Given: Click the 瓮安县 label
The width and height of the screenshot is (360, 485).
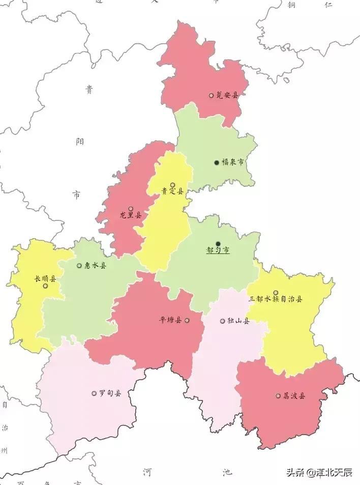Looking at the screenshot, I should (227, 95).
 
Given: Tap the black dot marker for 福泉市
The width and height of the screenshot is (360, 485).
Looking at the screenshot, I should (217, 162).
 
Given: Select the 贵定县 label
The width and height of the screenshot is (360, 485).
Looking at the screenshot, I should (172, 192).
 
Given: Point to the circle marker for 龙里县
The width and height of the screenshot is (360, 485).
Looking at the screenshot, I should (131, 209).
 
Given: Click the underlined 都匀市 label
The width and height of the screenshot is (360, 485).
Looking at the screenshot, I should (218, 251).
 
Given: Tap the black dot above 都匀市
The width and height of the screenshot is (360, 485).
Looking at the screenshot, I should (218, 244).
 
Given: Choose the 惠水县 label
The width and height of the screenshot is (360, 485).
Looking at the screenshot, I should (95, 266).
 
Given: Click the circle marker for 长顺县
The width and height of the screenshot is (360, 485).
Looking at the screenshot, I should (45, 286).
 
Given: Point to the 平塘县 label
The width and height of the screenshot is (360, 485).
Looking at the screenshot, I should (171, 321).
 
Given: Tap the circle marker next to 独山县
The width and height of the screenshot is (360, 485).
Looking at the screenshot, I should (222, 321).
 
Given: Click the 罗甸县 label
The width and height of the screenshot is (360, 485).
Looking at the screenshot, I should (110, 393).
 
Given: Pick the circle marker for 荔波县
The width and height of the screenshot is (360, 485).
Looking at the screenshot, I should (278, 395).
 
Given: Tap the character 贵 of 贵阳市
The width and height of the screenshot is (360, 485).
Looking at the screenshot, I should (89, 91).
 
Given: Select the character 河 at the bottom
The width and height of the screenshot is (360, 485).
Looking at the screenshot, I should (147, 472).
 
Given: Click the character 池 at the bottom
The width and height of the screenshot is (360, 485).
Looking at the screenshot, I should (227, 472).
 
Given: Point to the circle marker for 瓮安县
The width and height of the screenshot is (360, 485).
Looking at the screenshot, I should (211, 95).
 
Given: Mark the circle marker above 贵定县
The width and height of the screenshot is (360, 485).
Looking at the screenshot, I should (172, 185).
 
